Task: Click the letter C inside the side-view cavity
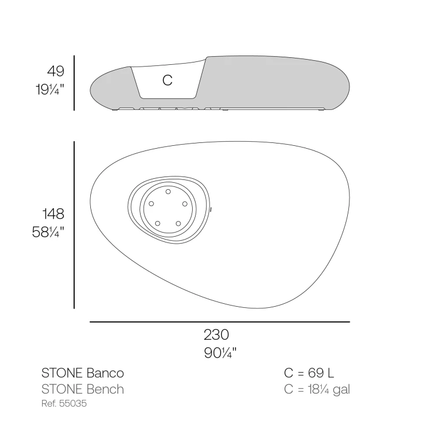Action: coord(167,80)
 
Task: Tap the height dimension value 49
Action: coord(56,71)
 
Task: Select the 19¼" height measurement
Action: coord(50,89)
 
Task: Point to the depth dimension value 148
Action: coord(53,214)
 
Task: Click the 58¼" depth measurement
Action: coord(48,232)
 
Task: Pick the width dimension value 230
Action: coord(216,334)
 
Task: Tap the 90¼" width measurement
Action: coord(220,353)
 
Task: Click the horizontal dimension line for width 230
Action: coord(220,322)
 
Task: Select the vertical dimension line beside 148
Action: coord(74,225)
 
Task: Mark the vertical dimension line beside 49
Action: coord(74,83)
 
